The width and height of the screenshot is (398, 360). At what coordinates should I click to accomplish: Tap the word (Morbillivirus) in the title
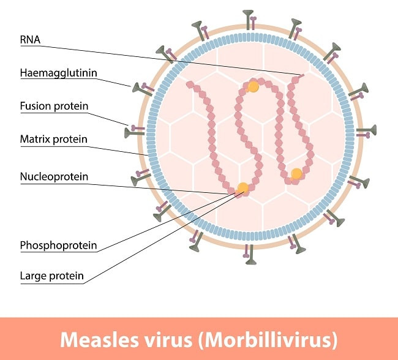coord(272,339)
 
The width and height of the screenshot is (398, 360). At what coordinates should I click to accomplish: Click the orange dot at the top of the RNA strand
coord(253,87)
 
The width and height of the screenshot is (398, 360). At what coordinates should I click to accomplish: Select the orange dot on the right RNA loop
coord(296,174)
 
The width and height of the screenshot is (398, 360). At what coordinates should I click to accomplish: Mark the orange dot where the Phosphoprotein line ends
coord(243,187)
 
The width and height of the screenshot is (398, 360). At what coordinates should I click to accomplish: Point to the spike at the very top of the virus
coord(249,17)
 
